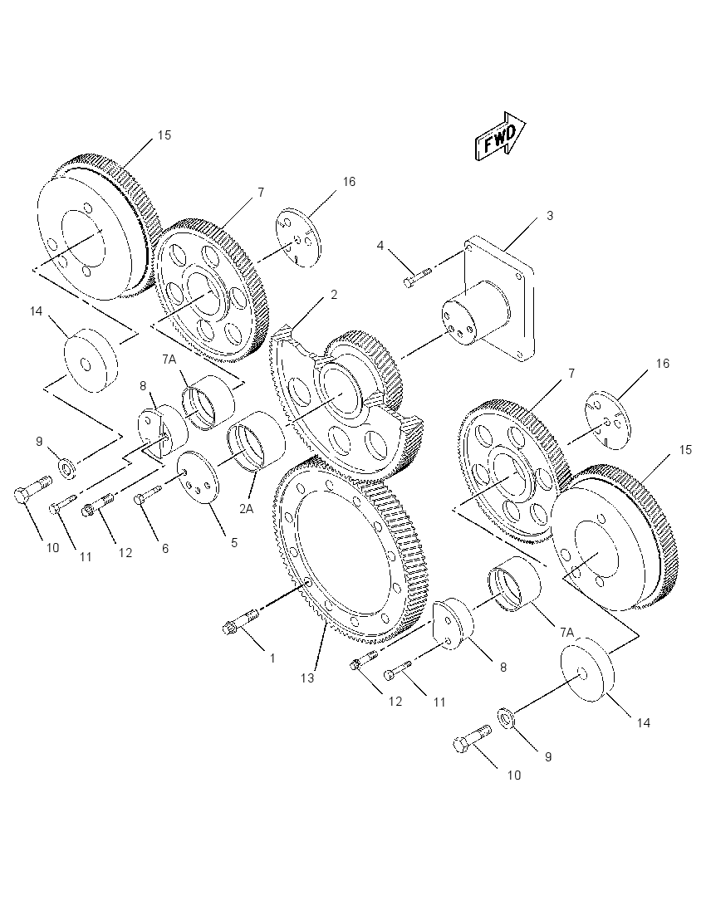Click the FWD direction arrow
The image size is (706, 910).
(499, 137)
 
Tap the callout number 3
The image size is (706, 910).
(550, 215)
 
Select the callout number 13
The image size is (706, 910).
(307, 678)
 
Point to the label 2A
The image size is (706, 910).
(246, 508)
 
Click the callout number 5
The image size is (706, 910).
(234, 543)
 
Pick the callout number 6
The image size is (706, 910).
(165, 549)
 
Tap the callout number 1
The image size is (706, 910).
(272, 658)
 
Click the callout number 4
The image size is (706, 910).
(380, 246)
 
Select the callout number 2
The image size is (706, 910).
(334, 294)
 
